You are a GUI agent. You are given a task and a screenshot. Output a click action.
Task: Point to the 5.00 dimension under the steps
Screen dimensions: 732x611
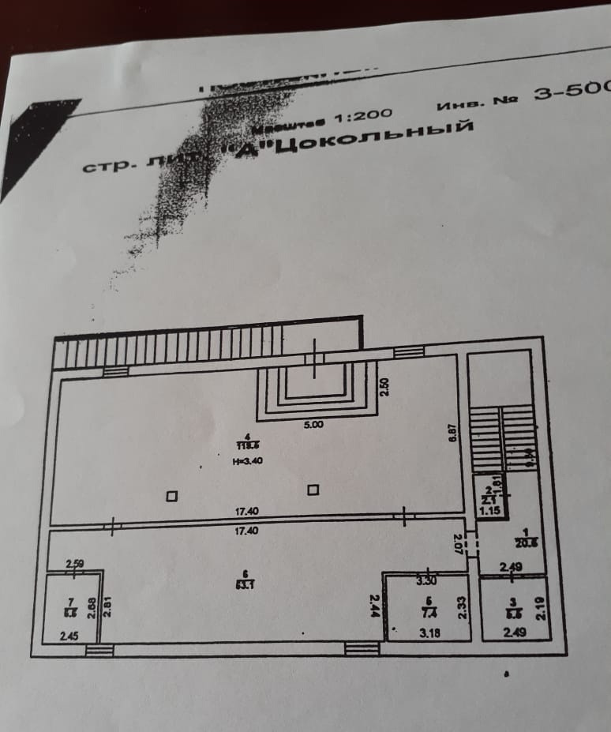[x=313, y=424]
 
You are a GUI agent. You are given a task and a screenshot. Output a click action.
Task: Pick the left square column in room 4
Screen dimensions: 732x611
[x=171, y=497]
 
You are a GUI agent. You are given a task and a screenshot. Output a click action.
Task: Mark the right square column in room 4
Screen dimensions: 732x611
[x=313, y=490]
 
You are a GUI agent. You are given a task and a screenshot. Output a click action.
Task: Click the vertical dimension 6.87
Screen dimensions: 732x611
[x=452, y=434]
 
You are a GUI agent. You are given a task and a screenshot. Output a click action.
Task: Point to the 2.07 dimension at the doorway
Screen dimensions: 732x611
[x=458, y=543]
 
